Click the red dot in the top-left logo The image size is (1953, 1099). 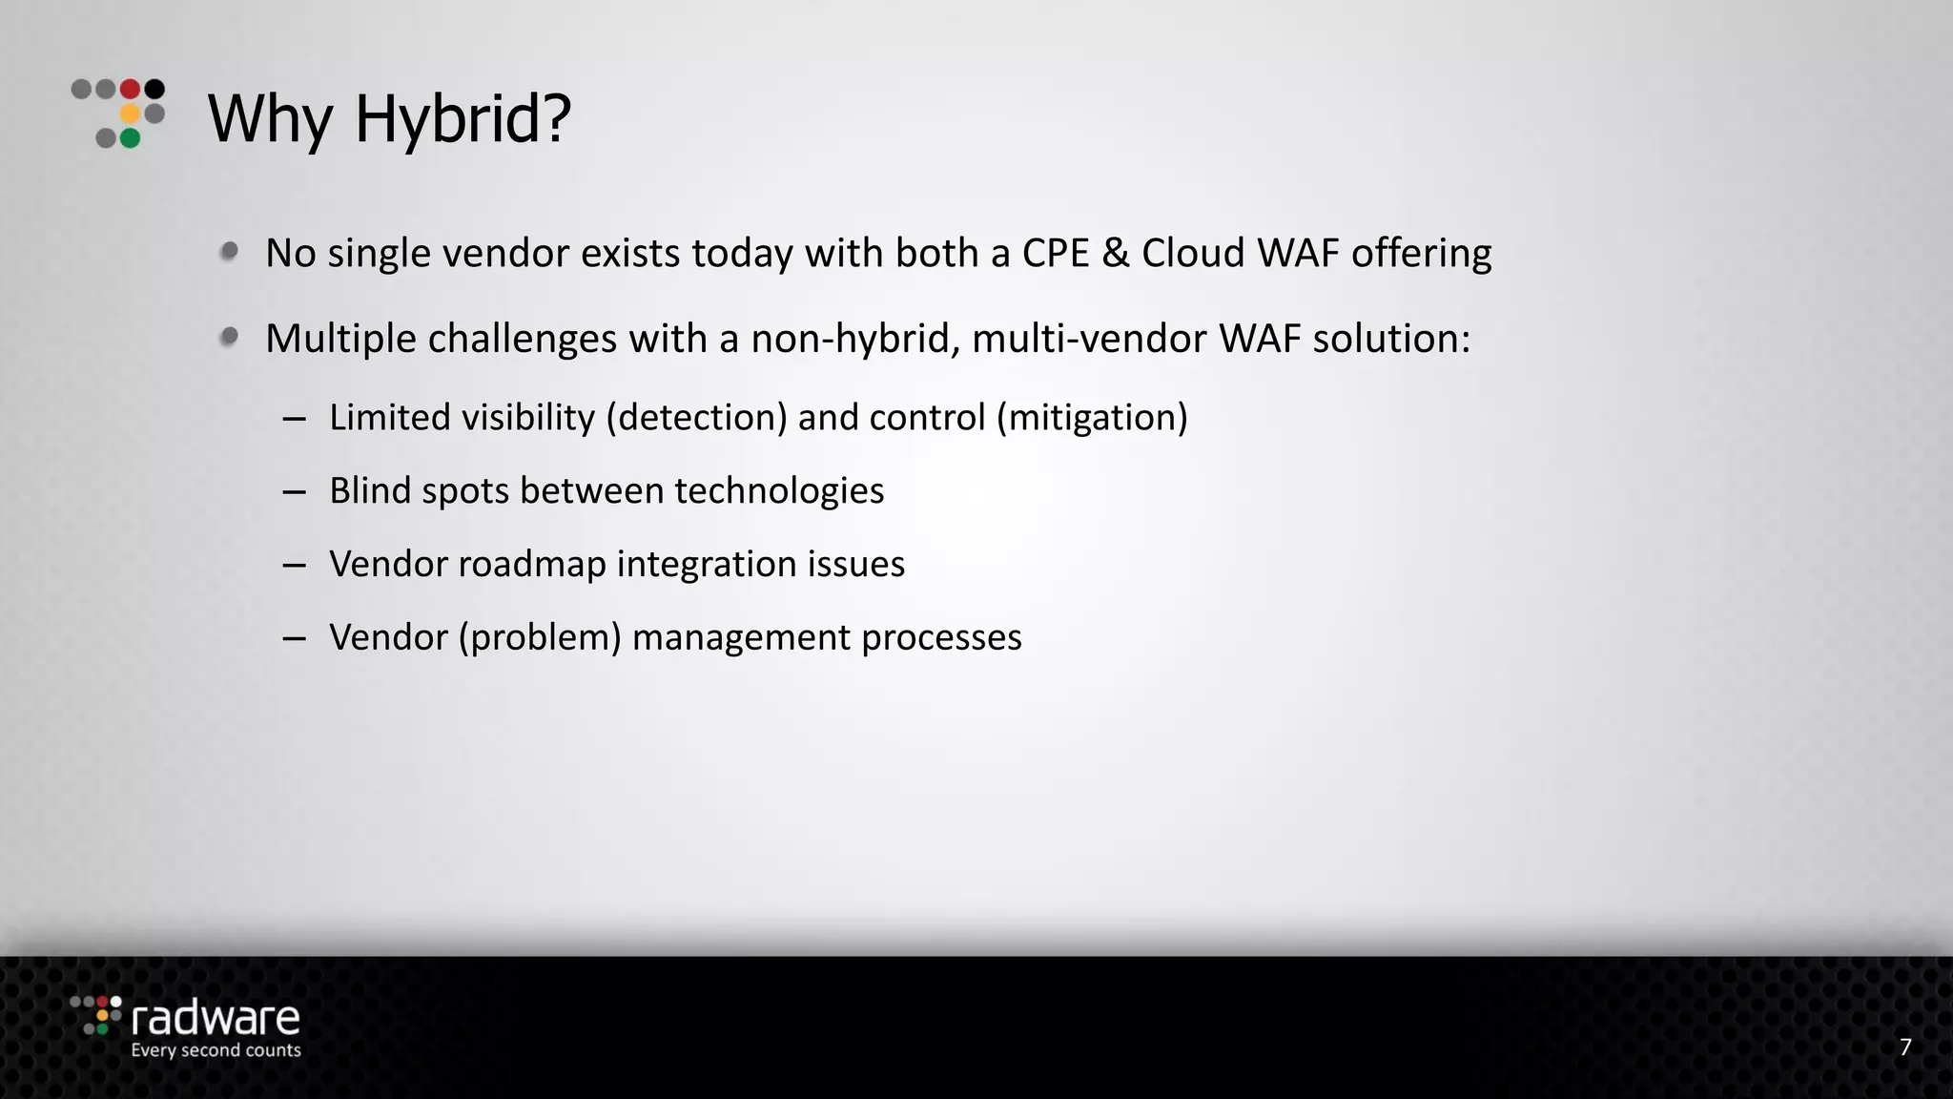(x=131, y=90)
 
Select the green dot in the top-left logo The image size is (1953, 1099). (x=131, y=138)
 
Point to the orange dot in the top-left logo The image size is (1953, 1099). (x=131, y=114)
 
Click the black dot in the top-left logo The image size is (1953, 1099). (x=154, y=90)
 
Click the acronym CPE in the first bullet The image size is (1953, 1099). (x=1056, y=253)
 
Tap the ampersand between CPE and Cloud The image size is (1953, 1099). (x=1115, y=253)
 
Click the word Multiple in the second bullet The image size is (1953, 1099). (x=340, y=339)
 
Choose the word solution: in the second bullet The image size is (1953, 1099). (x=1391, y=339)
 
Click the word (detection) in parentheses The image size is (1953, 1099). (x=696, y=418)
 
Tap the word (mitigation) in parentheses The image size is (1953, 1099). (x=1092, y=418)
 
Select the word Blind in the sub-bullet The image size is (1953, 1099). (x=370, y=490)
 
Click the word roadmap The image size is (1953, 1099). (x=532, y=564)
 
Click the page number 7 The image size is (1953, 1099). (x=1905, y=1047)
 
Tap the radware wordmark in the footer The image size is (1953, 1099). (x=216, y=1019)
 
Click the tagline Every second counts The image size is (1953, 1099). (x=216, y=1050)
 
